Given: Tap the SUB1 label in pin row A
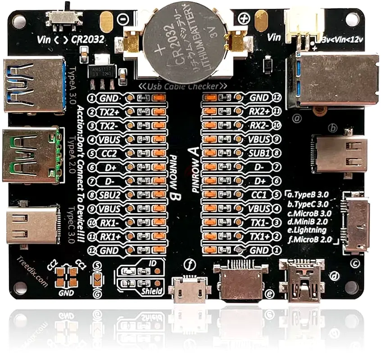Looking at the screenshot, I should tap(259, 153).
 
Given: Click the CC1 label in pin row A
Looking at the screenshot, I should tap(259, 195).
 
